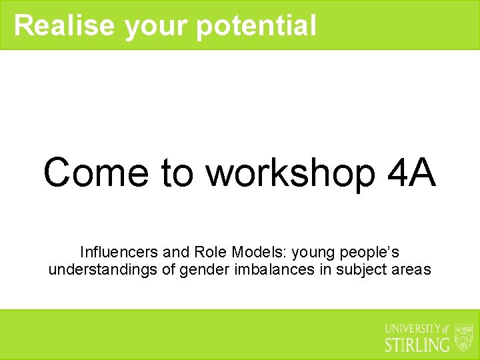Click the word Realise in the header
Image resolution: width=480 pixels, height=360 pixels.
[x=65, y=25]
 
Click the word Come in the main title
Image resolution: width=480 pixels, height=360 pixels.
[x=96, y=172]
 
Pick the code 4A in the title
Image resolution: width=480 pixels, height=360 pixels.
[x=411, y=172]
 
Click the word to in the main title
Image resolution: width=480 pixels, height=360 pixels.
[x=177, y=172]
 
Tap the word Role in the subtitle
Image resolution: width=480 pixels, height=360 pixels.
[x=209, y=252]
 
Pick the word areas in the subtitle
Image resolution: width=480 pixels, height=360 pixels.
[x=413, y=271]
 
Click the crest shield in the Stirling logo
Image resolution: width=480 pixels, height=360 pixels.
[x=463, y=337]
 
